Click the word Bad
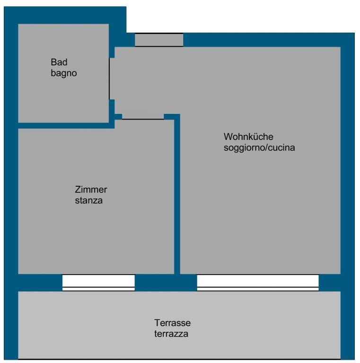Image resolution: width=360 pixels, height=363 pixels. (x=59, y=62)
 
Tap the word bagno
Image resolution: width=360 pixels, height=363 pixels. (x=64, y=74)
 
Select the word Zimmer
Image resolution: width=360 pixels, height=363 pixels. (x=91, y=190)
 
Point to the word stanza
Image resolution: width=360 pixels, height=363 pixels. (x=89, y=200)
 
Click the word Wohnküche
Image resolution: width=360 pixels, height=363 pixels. (x=248, y=137)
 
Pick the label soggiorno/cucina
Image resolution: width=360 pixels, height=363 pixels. (x=259, y=147)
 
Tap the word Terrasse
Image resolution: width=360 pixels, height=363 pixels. (x=172, y=323)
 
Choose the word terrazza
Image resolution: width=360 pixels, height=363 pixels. (x=171, y=334)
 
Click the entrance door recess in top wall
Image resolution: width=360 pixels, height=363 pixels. (x=159, y=40)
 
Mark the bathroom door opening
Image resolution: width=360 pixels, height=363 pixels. (x=112, y=79)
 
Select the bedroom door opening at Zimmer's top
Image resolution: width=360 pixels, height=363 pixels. (x=143, y=117)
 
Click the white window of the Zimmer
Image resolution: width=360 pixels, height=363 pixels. (x=98, y=283)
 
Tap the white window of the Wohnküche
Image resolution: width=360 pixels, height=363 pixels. (x=258, y=283)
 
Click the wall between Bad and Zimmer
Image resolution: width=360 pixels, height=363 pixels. (x=66, y=125)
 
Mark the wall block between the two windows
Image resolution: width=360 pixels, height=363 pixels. (x=166, y=283)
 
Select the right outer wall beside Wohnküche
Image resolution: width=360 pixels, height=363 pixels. (x=348, y=162)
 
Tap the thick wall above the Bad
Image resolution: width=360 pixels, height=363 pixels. (x=65, y=15)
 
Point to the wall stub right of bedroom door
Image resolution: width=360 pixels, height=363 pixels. (x=172, y=117)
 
